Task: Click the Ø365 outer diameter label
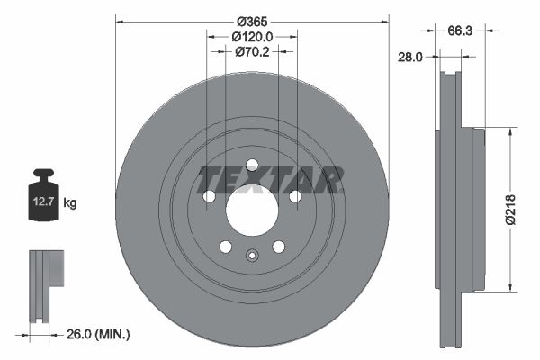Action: point(253,20)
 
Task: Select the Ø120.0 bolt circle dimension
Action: point(252,36)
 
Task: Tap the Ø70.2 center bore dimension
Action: point(253,51)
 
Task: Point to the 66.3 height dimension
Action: point(461,30)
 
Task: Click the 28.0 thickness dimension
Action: point(410,57)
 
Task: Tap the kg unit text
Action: point(70,203)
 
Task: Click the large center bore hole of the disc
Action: point(252,211)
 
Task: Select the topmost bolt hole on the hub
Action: point(252,165)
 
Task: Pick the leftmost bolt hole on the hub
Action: point(209,196)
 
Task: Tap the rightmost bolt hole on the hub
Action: point(295,196)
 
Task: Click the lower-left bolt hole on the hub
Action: point(226,247)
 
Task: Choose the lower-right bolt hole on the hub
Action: point(279,247)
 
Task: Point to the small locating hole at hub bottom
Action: point(252,256)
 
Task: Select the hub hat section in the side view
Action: point(477,211)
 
